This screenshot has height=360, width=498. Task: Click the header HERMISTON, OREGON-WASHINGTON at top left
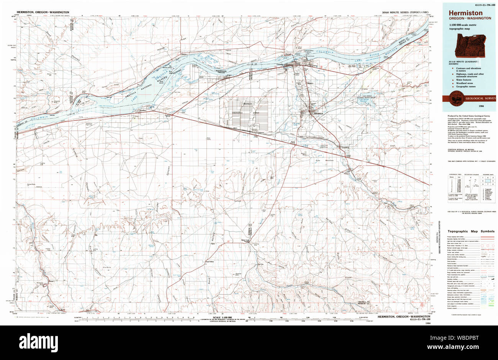(x=43, y=12)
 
